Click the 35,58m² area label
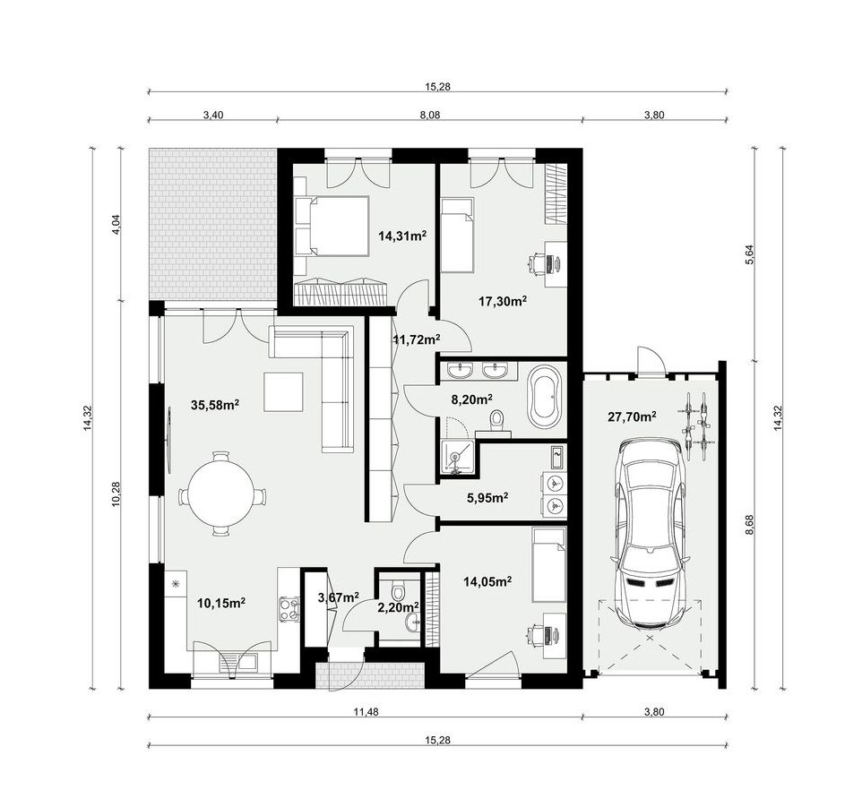coord(215,404)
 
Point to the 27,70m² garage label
coord(632,416)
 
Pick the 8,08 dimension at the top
coord(429,115)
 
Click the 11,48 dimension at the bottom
coord(366,712)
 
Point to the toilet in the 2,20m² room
coord(398,590)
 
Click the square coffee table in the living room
coord(284,391)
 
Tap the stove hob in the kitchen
coord(289,609)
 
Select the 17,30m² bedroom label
coord(503,301)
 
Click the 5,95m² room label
coord(487,497)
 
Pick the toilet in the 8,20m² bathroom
coord(496,421)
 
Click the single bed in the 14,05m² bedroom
coord(549,564)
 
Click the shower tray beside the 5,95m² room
coord(458,458)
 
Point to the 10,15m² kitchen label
coord(221,602)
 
